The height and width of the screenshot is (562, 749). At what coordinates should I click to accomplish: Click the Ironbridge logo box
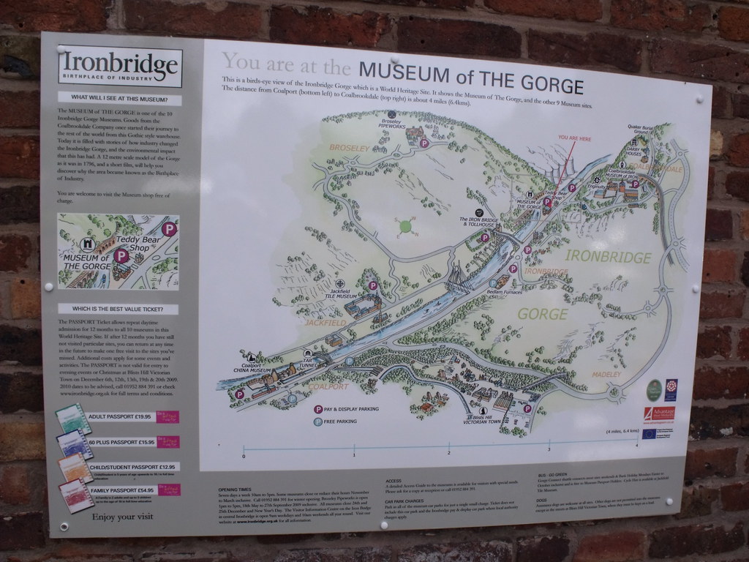coord(119,69)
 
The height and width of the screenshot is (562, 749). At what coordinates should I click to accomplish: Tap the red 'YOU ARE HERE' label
coord(573,138)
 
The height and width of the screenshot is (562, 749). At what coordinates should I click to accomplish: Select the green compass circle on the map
coord(405,228)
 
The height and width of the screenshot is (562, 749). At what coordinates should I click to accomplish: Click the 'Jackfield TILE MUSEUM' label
coord(342,295)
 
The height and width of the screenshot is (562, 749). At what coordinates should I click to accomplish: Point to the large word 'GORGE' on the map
coord(542,315)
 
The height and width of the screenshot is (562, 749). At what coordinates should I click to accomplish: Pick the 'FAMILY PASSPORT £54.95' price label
coord(121,490)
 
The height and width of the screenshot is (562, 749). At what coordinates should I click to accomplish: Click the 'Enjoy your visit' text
coord(122,517)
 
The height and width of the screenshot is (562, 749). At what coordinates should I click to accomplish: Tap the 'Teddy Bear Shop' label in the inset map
coord(137,243)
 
